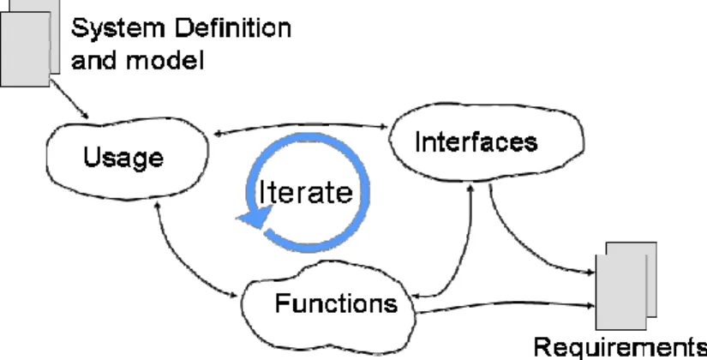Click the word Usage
[x=123, y=158]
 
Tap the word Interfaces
[x=476, y=141]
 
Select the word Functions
[x=337, y=303]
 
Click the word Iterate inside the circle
[x=306, y=192]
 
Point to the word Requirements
[x=620, y=348]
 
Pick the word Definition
[x=233, y=28]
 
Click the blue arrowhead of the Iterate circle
[x=255, y=218]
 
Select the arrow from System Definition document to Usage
[x=69, y=99]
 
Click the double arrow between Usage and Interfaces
[x=301, y=126]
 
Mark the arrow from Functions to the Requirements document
[x=505, y=305]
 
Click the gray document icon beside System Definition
[x=30, y=44]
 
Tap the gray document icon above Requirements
[x=626, y=286]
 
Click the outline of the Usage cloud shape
[x=127, y=121]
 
